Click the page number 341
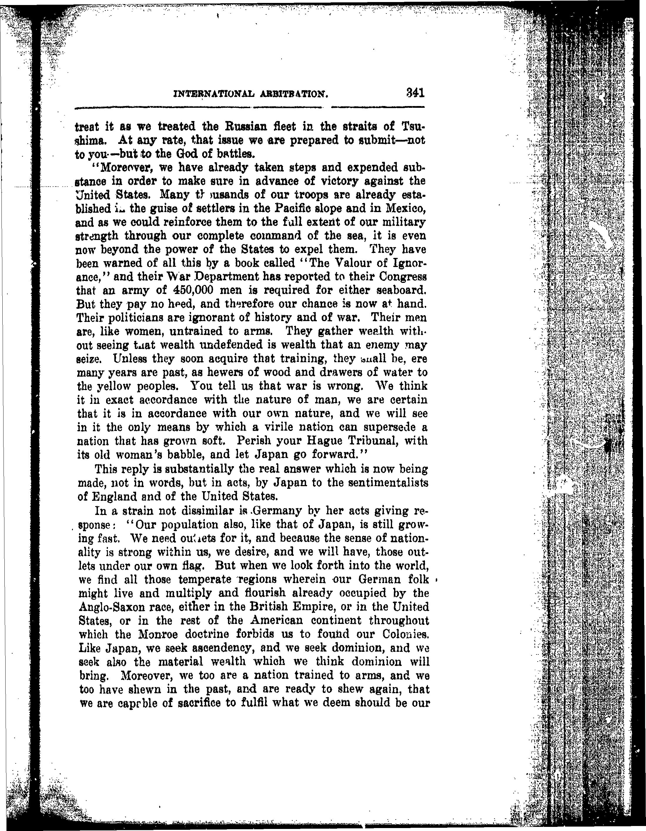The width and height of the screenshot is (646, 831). [x=415, y=93]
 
